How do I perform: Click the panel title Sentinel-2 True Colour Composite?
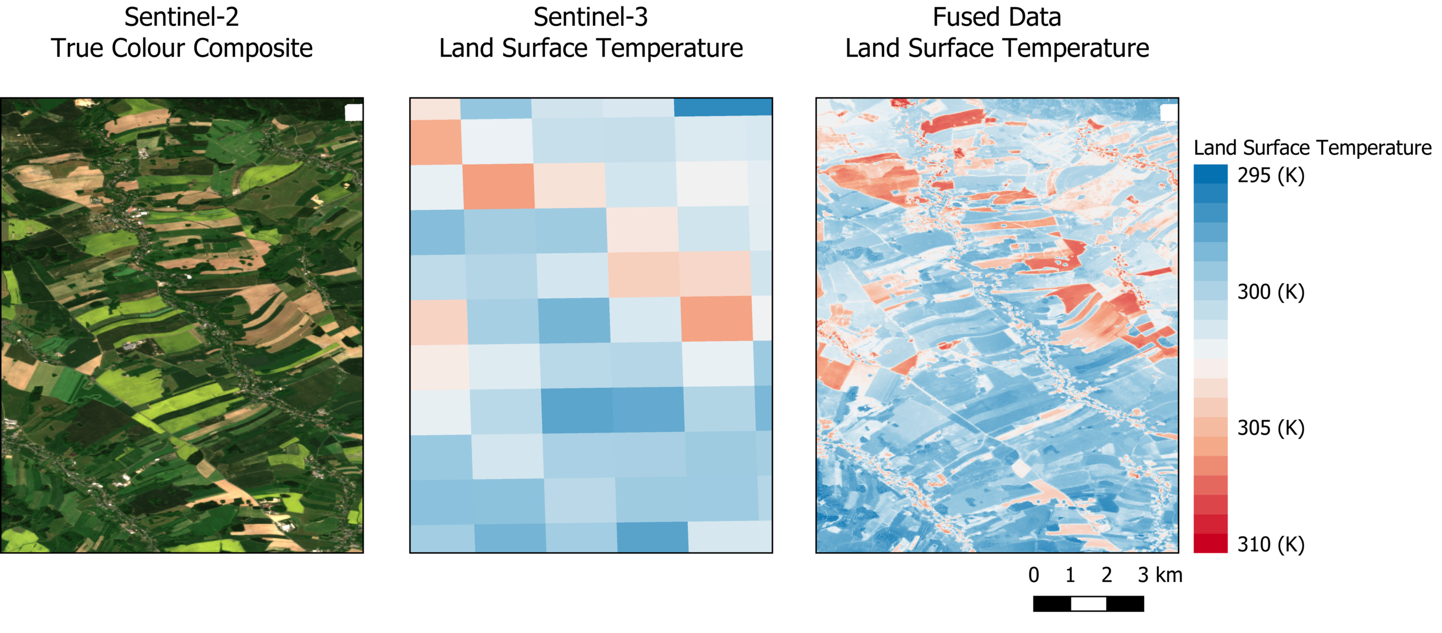coord(182,33)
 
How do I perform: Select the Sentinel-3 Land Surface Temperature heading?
coord(591,33)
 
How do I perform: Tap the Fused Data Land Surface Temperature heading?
coord(996,33)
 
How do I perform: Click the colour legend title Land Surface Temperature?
coord(1312,148)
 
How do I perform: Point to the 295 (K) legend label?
coord(1271,175)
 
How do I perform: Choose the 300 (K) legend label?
coord(1271,292)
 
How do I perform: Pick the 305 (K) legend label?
coord(1271,428)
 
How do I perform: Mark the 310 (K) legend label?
coord(1271,544)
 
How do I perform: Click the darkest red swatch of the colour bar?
coord(1210,543)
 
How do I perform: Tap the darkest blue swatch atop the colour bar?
coord(1210,174)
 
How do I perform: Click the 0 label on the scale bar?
coord(1034,576)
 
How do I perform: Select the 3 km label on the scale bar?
coord(1160,576)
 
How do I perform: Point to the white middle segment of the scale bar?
coord(1088,604)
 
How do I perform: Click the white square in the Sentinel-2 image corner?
coord(354,113)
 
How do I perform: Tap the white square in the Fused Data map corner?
coord(1169,113)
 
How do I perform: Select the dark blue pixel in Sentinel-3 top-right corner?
coord(722,107)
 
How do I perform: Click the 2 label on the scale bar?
coord(1107,576)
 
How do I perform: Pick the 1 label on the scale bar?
coord(1070,576)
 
